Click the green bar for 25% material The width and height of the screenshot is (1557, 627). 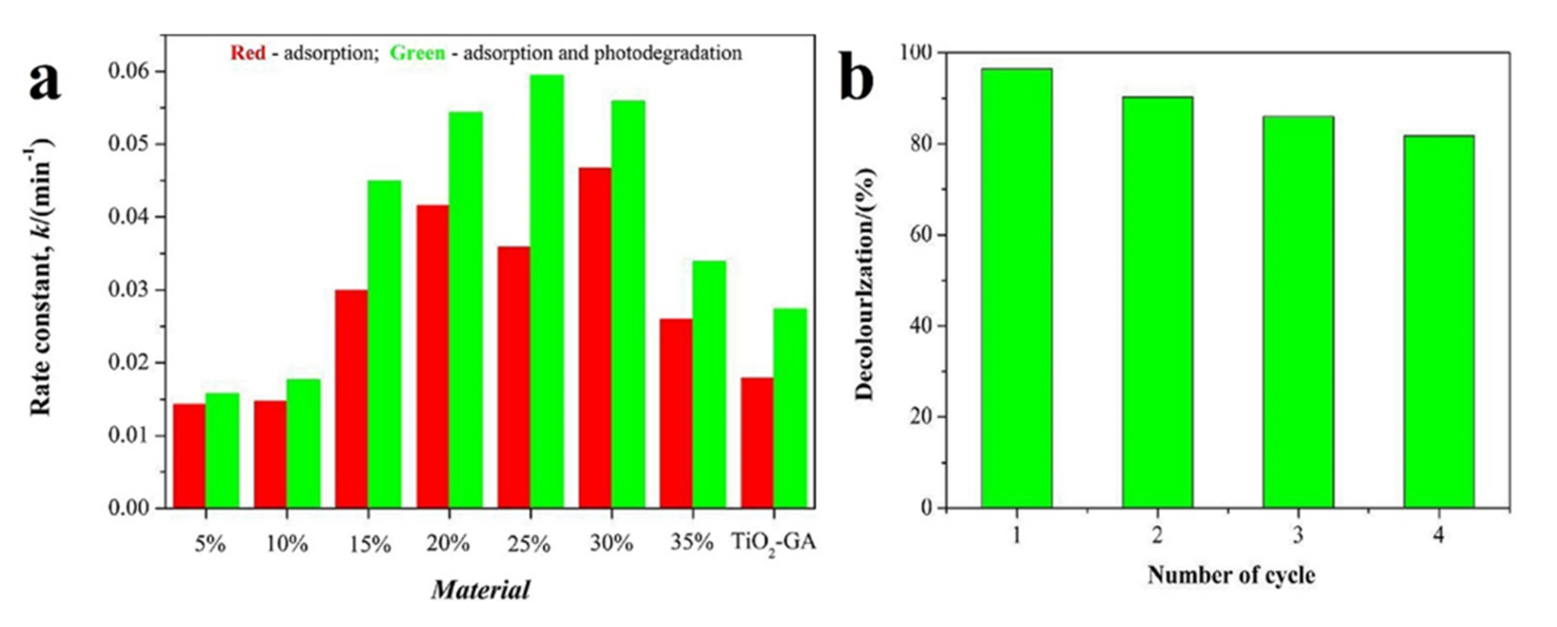(x=547, y=290)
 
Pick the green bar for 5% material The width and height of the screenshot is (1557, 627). (x=223, y=450)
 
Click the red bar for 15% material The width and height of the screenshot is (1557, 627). (x=351, y=399)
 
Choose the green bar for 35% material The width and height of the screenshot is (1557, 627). (x=709, y=384)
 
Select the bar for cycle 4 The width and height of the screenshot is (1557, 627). (x=1439, y=321)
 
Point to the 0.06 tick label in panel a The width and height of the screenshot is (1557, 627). (x=128, y=71)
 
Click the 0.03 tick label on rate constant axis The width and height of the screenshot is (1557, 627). (x=128, y=290)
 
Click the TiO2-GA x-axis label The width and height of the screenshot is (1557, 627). (x=774, y=542)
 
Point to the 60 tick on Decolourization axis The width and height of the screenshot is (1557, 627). (x=921, y=235)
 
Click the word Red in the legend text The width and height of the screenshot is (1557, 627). (x=248, y=53)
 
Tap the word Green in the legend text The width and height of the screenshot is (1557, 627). (x=417, y=53)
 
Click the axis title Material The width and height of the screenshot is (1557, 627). (x=481, y=590)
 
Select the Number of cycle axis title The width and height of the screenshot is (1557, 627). (x=1231, y=575)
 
